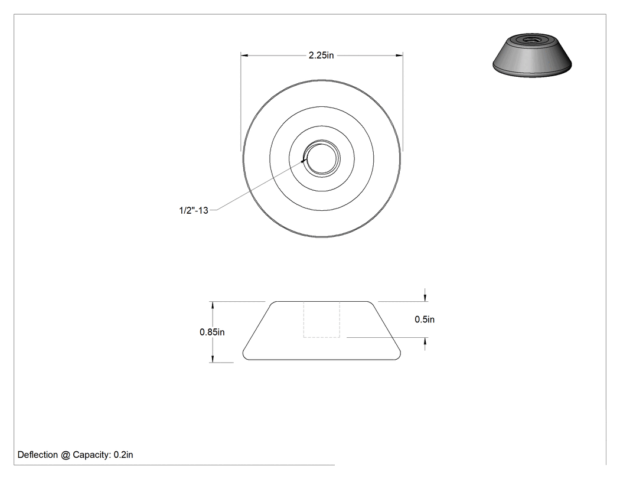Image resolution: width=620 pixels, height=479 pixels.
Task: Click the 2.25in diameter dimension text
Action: tap(321, 56)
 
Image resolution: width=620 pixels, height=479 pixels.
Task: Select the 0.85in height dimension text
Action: tap(212, 333)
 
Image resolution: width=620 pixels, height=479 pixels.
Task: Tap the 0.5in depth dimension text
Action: tap(425, 320)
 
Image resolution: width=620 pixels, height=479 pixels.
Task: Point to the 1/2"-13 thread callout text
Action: tap(193, 210)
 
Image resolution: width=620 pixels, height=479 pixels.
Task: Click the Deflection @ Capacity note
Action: tap(75, 455)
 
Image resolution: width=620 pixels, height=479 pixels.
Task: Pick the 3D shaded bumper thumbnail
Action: tap(532, 56)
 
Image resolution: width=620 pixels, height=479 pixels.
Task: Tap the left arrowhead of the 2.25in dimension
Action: tap(244, 56)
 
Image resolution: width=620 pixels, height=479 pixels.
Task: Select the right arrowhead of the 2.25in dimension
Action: tap(399, 56)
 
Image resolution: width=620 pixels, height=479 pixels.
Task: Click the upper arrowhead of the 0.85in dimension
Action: tap(213, 305)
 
